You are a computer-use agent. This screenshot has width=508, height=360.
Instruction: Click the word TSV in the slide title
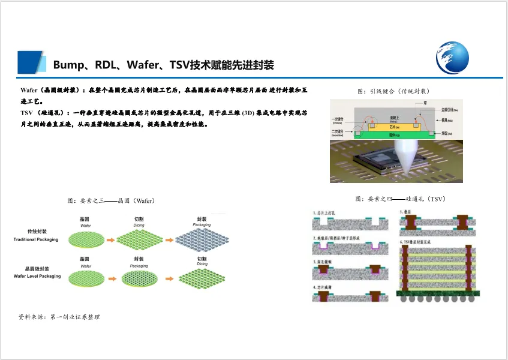point(181,65)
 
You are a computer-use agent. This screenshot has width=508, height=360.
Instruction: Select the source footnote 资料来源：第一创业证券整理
point(59,316)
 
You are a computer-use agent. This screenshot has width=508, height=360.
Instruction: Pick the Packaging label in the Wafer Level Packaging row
point(139,265)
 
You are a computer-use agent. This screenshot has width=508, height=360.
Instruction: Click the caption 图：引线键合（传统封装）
point(393,91)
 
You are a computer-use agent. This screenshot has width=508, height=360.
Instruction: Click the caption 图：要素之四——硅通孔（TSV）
point(400,198)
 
